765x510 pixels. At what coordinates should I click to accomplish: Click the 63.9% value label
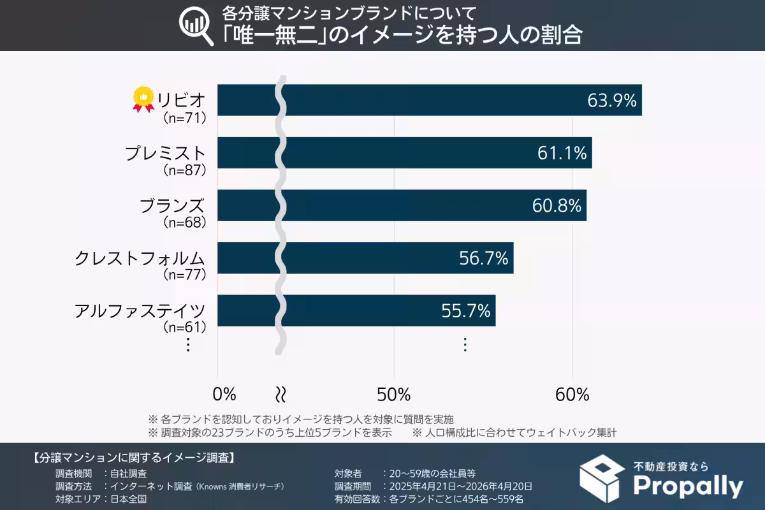pos(611,101)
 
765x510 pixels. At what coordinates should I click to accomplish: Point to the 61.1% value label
pos(562,153)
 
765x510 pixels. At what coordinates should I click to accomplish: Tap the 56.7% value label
pos(483,258)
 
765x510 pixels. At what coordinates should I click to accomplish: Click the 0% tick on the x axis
pos(224,394)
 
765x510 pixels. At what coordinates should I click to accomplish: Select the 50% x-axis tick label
pos(393,394)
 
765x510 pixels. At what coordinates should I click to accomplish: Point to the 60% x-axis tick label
pos(572,394)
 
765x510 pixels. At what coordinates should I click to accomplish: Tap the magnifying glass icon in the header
pos(197,26)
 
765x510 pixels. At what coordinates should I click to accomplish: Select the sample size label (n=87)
pos(185,170)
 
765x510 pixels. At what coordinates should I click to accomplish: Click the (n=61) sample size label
pos(185,328)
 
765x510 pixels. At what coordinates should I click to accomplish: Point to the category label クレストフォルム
pos(140,258)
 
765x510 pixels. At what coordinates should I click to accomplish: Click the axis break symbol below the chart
pos(279,394)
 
